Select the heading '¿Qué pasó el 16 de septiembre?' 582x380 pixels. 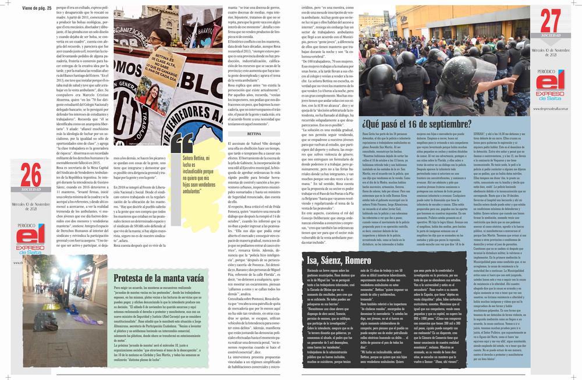pyautogui.click(x=417, y=123)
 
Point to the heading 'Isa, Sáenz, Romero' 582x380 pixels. pyautogui.click(x=343, y=276)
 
